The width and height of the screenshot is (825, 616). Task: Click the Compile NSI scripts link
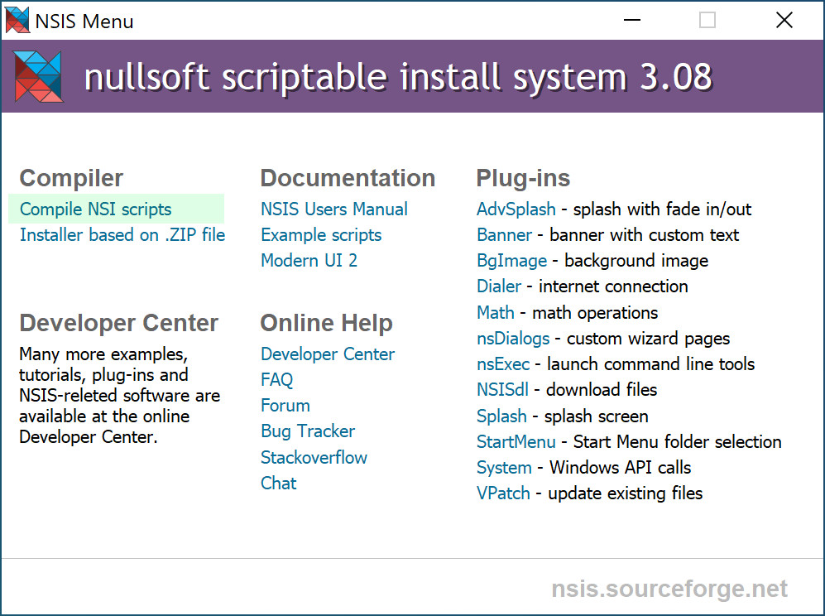click(x=96, y=209)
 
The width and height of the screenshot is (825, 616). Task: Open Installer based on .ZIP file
click(x=122, y=235)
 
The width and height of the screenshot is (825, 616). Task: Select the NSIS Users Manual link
click(x=334, y=209)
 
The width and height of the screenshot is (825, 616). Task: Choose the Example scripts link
click(x=321, y=235)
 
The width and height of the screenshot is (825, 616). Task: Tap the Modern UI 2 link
click(x=309, y=261)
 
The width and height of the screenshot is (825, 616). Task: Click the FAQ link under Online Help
click(x=276, y=379)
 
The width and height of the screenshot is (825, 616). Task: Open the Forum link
click(x=285, y=406)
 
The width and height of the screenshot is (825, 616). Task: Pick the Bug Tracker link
click(x=308, y=431)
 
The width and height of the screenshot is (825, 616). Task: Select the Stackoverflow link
click(x=314, y=457)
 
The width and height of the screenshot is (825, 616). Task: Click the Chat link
click(x=278, y=483)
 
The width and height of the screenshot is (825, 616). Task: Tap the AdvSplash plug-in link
click(x=516, y=209)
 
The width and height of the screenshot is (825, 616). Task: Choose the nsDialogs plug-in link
click(x=513, y=339)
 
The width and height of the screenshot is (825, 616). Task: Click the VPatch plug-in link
click(x=503, y=493)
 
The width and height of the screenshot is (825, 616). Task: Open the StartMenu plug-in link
click(x=516, y=442)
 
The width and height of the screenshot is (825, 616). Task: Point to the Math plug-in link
click(x=496, y=313)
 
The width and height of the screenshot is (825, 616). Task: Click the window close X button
click(x=784, y=21)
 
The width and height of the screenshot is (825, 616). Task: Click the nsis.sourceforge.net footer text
click(x=669, y=589)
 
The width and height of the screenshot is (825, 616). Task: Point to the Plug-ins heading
click(x=523, y=178)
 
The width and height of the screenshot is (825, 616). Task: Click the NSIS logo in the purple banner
click(x=38, y=76)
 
